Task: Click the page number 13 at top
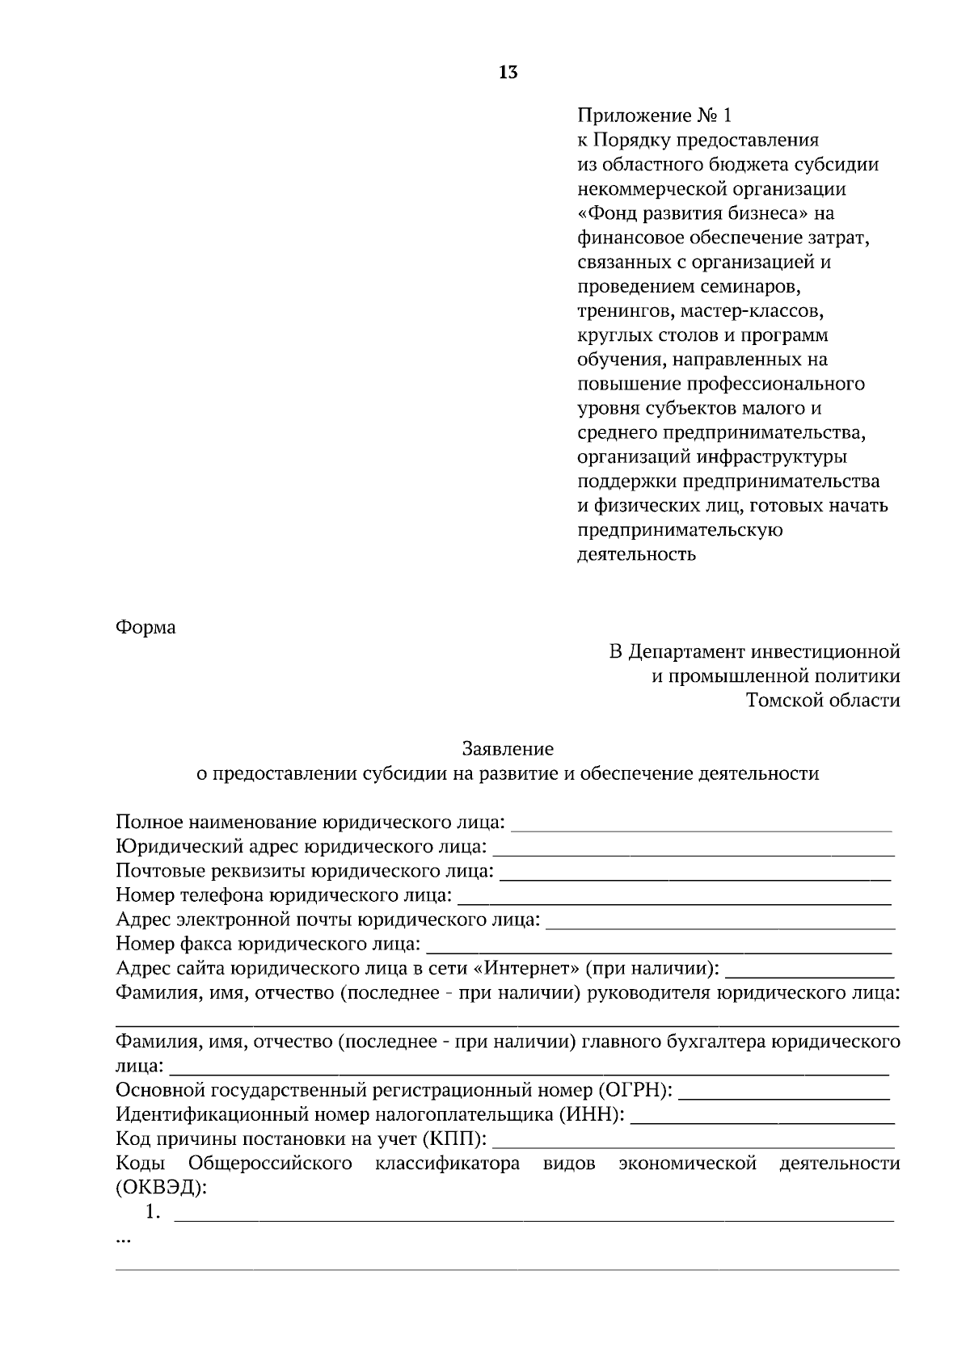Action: point(508,73)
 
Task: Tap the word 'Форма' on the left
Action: point(145,627)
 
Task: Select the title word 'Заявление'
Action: point(508,749)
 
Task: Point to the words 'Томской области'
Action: point(823,701)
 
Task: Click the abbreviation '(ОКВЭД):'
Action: point(161,1188)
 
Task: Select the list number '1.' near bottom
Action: point(153,1212)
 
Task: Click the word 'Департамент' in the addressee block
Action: point(688,651)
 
